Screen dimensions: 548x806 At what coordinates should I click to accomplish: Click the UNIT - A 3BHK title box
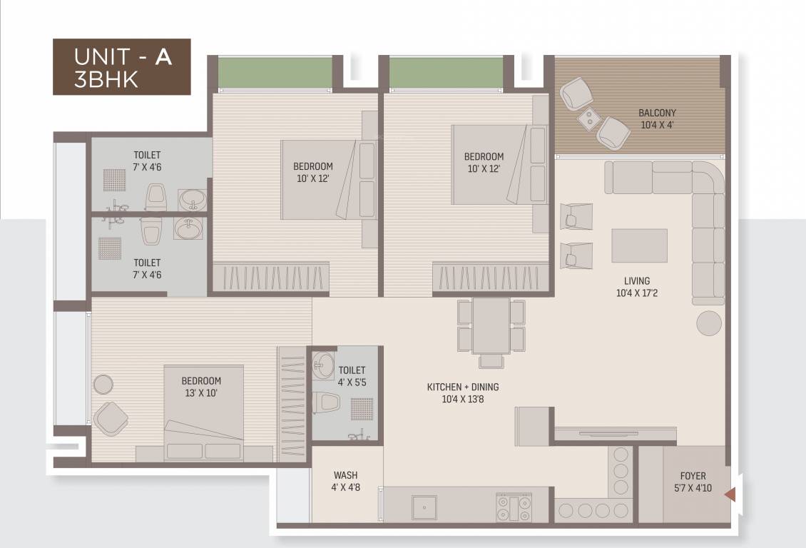click(122, 67)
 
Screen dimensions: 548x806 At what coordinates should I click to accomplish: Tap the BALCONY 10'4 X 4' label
click(657, 118)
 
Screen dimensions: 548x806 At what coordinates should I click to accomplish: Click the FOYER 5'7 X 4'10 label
click(692, 482)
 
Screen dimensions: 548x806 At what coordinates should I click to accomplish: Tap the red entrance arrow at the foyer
click(730, 493)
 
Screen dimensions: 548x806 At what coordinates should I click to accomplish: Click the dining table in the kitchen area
click(491, 325)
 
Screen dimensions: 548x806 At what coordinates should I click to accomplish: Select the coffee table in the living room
click(639, 245)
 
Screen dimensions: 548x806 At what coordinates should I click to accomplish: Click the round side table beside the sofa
click(709, 323)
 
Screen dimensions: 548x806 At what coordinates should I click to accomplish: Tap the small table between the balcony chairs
click(589, 118)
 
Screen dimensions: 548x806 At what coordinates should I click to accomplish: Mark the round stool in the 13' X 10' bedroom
click(103, 384)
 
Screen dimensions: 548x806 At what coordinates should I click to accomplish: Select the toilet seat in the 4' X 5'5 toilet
click(327, 402)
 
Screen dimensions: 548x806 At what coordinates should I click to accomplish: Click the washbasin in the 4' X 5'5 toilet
click(323, 365)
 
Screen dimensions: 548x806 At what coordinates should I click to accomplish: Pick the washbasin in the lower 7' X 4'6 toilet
click(188, 229)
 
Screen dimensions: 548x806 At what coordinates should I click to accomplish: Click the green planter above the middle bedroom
click(446, 72)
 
